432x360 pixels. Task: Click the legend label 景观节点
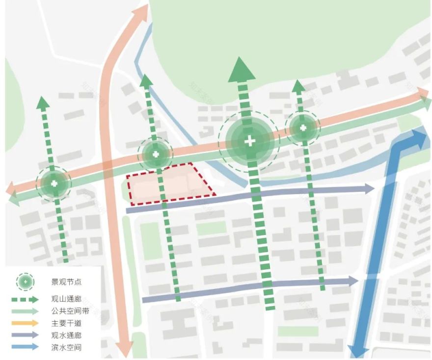click(x=66, y=282)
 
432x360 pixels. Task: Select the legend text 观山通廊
click(x=66, y=299)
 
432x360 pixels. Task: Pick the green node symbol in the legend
click(x=26, y=282)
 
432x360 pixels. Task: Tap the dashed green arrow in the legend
click(x=27, y=299)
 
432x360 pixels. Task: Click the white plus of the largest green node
click(x=250, y=142)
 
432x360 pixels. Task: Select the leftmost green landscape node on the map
click(x=54, y=184)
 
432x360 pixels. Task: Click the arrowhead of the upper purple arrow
click(x=369, y=189)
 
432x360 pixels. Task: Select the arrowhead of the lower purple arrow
click(x=353, y=281)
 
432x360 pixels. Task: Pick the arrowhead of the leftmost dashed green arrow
click(x=43, y=103)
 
